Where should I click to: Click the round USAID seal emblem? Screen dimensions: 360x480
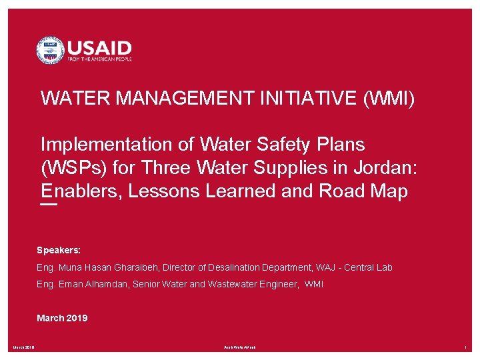[50, 50]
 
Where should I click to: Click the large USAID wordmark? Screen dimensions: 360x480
[99, 47]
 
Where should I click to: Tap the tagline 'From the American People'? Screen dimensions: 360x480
[99, 59]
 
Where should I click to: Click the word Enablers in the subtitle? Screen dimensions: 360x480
[81, 191]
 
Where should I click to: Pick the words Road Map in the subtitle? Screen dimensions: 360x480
[363, 191]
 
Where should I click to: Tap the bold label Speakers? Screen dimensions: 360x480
[59, 250]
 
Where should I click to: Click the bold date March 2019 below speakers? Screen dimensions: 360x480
[62, 318]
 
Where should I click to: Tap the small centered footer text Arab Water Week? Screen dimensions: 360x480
[239, 347]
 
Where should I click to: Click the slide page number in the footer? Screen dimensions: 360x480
[467, 347]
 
